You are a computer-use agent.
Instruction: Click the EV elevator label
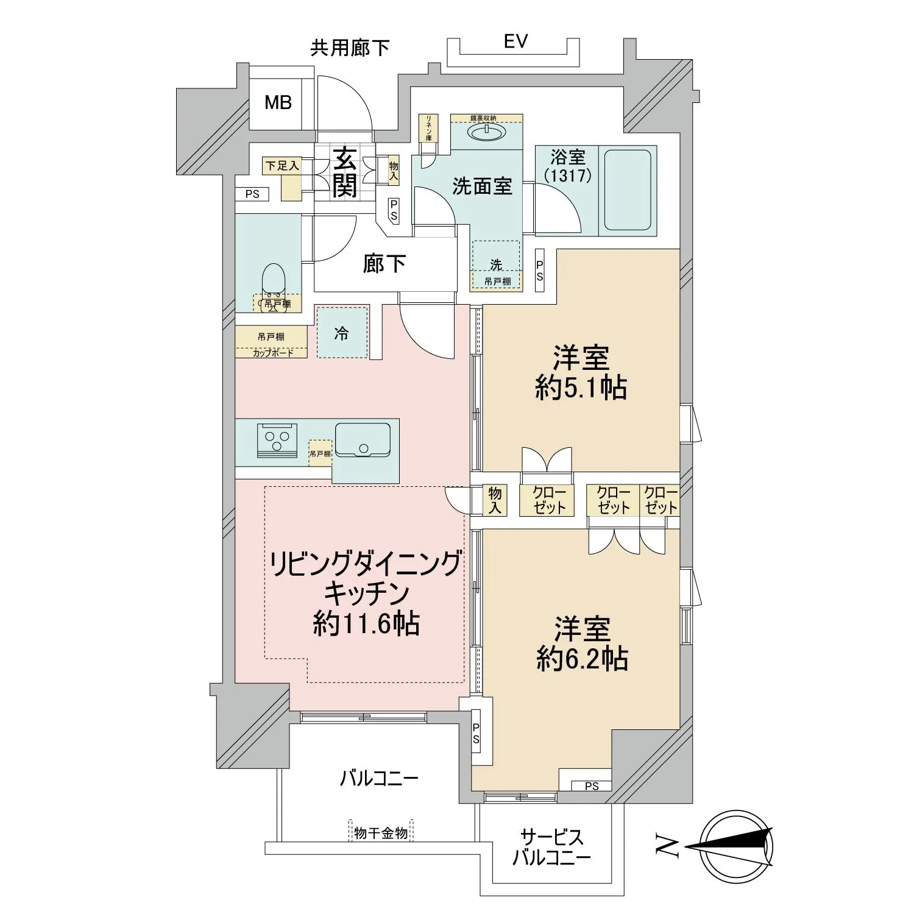point(515,41)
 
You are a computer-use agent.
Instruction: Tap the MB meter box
point(278,103)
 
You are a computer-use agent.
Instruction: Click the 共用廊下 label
point(350,48)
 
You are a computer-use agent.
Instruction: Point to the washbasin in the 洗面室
point(486,132)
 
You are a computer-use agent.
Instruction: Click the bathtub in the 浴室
point(627,190)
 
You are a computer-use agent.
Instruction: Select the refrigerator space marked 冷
point(342,333)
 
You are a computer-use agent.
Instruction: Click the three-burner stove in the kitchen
point(277,439)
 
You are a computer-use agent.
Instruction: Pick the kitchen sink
point(363,439)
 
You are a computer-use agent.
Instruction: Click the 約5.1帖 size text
point(581,388)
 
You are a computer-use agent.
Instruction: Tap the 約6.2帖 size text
point(583,659)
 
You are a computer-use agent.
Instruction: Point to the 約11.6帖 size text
point(366,623)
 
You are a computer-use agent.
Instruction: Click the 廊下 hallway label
point(384,263)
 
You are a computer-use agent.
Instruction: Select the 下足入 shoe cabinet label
point(282,165)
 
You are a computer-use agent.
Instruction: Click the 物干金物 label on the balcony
point(381,833)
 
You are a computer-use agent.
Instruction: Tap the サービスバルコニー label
point(551,848)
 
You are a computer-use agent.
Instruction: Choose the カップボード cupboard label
point(272,353)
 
